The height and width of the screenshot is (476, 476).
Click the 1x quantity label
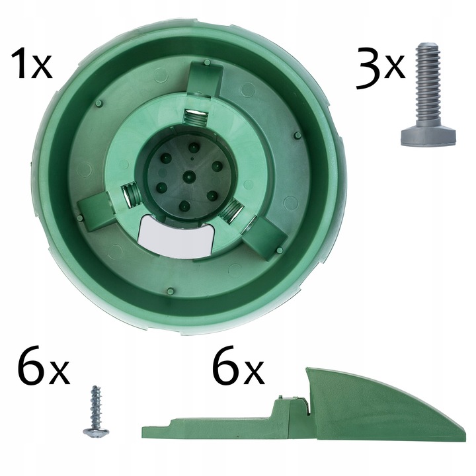[32, 64]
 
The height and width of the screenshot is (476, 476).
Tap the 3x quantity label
[381, 68]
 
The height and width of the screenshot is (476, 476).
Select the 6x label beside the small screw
[43, 366]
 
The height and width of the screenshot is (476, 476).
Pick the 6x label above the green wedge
[238, 366]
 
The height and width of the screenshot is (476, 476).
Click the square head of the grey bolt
[428, 137]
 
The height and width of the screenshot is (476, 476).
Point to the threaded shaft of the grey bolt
[428, 86]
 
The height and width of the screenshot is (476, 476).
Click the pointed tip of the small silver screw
[97, 387]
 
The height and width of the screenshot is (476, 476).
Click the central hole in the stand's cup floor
[189, 176]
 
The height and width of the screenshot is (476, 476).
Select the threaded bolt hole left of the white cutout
[130, 196]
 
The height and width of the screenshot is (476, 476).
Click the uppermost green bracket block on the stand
[205, 78]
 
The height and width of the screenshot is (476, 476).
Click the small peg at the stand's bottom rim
[171, 291]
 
